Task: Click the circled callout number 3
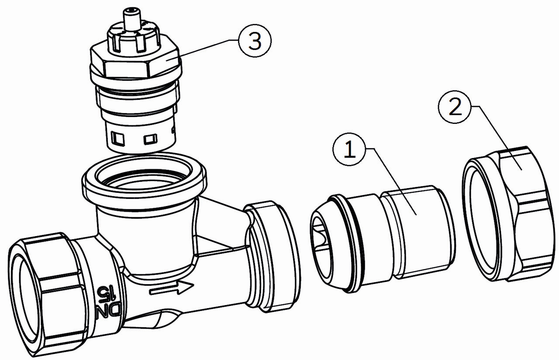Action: pos(254,41)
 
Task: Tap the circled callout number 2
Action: pos(455,107)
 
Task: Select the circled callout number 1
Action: pos(349,150)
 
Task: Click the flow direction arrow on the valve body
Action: pos(172,289)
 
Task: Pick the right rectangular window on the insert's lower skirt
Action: pos(151,139)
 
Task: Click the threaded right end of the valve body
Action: pos(273,257)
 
